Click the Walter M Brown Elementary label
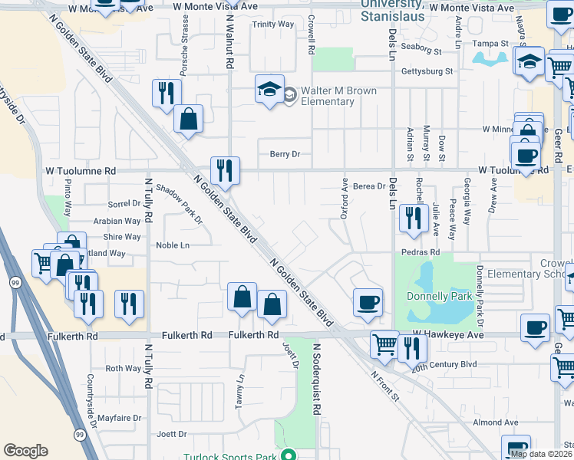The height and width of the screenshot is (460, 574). [x=338, y=96]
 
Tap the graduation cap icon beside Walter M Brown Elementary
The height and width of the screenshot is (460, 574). [x=269, y=91]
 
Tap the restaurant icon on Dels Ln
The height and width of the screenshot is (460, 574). [x=414, y=219]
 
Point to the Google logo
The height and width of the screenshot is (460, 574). [x=25, y=451]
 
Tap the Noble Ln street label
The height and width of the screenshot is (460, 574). [x=172, y=245]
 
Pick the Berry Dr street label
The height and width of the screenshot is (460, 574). [x=284, y=154]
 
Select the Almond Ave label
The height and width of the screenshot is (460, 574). [x=496, y=422]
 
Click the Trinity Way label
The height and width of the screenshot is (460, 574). [x=273, y=25]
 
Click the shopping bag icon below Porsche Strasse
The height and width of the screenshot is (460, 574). [x=188, y=119]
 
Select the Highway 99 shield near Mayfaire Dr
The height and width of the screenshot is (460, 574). [x=80, y=435]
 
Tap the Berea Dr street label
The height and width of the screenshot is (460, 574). [x=369, y=186]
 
